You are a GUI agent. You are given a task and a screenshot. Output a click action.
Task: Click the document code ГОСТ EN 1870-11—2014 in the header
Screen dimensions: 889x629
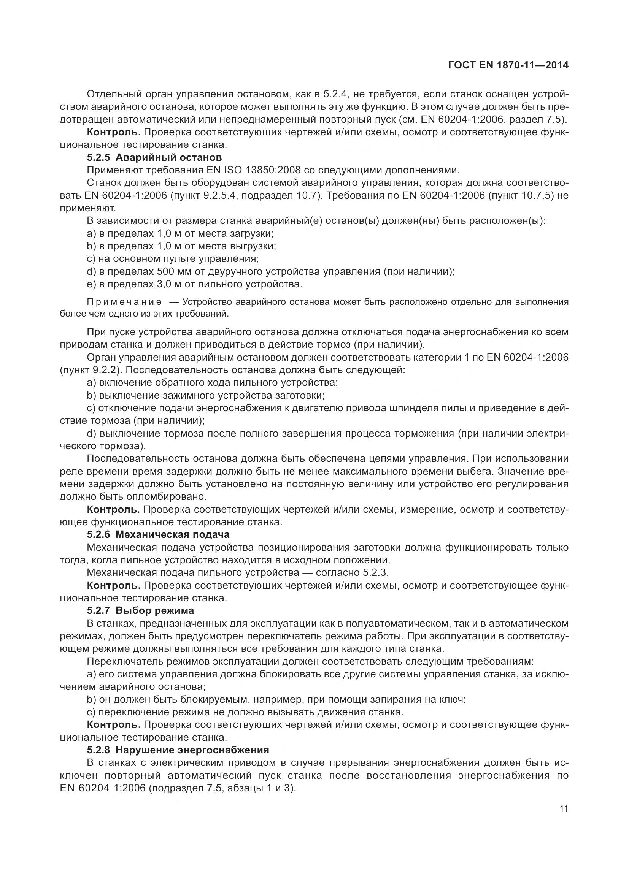pos(508,65)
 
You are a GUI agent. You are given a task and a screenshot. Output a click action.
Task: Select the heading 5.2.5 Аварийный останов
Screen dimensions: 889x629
pos(154,158)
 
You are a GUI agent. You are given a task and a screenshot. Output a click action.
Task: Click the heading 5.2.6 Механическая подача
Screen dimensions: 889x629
pos(158,535)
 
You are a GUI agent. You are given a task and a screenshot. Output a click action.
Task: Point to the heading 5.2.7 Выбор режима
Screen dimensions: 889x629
pos(140,611)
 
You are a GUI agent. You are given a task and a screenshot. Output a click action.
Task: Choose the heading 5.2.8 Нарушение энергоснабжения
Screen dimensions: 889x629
pos(178,750)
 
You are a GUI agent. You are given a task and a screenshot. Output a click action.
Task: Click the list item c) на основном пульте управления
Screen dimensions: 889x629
pos(173,259)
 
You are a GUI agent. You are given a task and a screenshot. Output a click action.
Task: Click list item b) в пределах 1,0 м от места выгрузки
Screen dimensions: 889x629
pos(181,246)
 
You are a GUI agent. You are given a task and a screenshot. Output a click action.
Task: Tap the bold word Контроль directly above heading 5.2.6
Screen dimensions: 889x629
pos(113,510)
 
